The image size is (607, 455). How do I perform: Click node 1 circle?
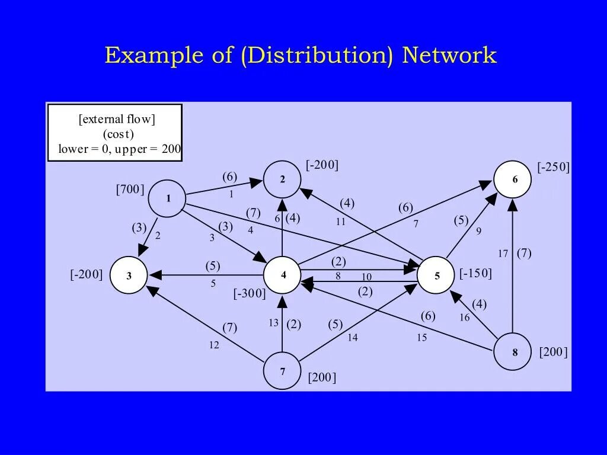point(168,198)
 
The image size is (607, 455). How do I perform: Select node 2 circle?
point(282,180)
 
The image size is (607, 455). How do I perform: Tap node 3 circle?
point(129,275)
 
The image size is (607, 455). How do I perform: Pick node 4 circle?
point(283,275)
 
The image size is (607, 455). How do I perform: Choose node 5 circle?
point(436,275)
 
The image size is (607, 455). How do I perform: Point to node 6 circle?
point(513,179)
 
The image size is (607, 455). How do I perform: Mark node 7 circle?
point(282,371)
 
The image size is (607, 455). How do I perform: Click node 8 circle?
point(513,352)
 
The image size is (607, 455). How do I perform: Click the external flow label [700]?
point(130,190)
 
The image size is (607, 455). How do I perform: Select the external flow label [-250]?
point(554,168)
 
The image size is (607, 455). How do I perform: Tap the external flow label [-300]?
point(250,293)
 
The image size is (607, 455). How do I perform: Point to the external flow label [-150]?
point(475,274)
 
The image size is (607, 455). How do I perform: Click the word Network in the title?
point(449,56)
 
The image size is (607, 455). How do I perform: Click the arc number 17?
point(503,254)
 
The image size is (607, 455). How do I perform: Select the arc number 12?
point(213,345)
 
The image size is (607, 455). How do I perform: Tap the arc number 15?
point(421,338)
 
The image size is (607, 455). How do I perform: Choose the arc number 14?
point(353,338)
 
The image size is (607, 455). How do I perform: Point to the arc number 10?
point(366,277)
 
